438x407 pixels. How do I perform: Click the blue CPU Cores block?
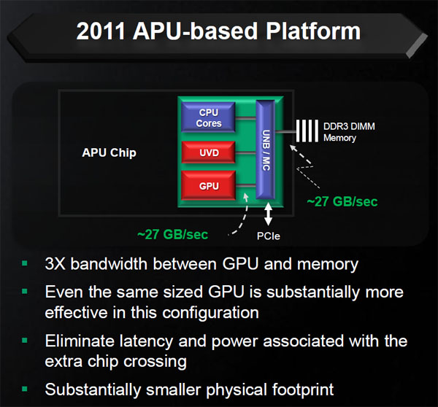[208, 117]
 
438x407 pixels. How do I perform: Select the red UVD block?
[208, 152]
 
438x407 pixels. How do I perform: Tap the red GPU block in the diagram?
[208, 185]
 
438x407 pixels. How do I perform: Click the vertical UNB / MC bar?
[266, 150]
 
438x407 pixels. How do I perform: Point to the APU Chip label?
[109, 152]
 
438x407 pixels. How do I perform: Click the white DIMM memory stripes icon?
[307, 131]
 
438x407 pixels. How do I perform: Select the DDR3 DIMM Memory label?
[349, 132]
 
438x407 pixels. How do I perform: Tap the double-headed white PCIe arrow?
[268, 214]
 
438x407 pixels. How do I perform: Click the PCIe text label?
[269, 236]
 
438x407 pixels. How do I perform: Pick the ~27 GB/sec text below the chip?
[172, 234]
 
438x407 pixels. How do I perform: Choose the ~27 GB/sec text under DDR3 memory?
[342, 201]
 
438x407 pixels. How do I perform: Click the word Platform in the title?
[313, 31]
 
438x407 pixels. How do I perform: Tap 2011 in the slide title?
[101, 31]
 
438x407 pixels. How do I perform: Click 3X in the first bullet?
[55, 264]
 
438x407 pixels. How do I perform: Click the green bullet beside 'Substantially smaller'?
[25, 389]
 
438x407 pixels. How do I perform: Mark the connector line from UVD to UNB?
[245, 153]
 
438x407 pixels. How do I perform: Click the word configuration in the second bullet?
[211, 313]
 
